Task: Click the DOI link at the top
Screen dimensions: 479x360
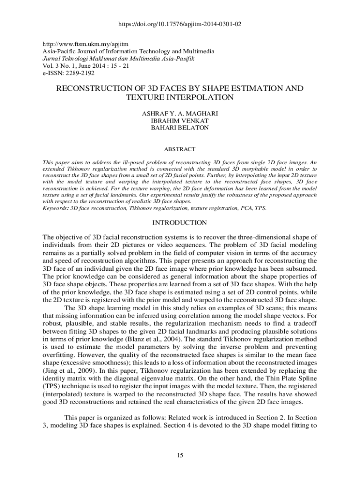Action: (x=180, y=24)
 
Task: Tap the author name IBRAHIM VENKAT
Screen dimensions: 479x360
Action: (x=180, y=120)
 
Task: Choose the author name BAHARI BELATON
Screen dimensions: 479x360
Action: (x=180, y=127)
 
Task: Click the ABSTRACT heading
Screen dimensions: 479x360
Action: (x=180, y=149)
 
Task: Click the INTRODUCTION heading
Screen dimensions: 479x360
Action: (x=180, y=222)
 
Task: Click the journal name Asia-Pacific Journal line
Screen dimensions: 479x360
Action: (x=129, y=51)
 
